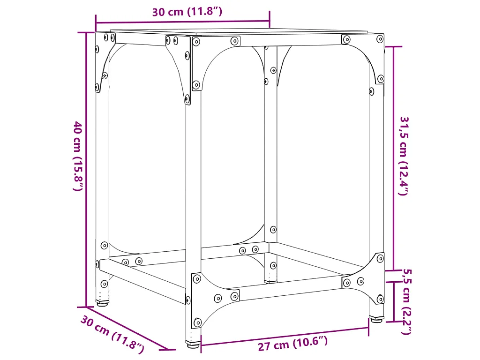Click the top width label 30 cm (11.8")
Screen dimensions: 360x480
[187, 12]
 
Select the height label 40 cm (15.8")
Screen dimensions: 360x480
[78, 156]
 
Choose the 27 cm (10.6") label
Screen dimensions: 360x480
[292, 345]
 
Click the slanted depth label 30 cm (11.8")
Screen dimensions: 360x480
[112, 334]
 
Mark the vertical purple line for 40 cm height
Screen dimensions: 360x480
[86, 169]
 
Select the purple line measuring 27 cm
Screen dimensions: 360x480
[285, 337]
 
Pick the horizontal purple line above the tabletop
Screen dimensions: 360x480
[183, 21]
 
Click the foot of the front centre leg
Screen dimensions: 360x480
[192, 345]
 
